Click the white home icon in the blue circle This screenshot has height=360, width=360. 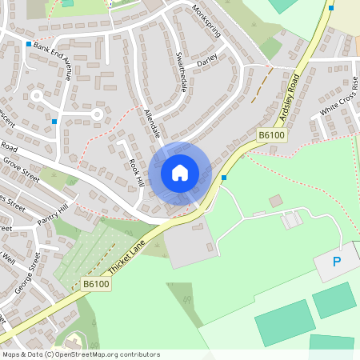[179, 172]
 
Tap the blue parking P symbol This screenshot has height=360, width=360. [336, 262]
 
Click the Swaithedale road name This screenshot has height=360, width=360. [181, 71]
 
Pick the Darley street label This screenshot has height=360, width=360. [207, 60]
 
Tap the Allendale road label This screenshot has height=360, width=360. [152, 123]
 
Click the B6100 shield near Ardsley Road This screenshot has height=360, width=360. [271, 137]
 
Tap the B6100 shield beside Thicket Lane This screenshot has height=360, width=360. [95, 283]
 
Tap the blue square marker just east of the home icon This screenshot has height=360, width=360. [225, 178]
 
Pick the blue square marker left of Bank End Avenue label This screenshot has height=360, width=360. [29, 44]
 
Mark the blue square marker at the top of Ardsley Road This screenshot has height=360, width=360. [331, 8]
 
